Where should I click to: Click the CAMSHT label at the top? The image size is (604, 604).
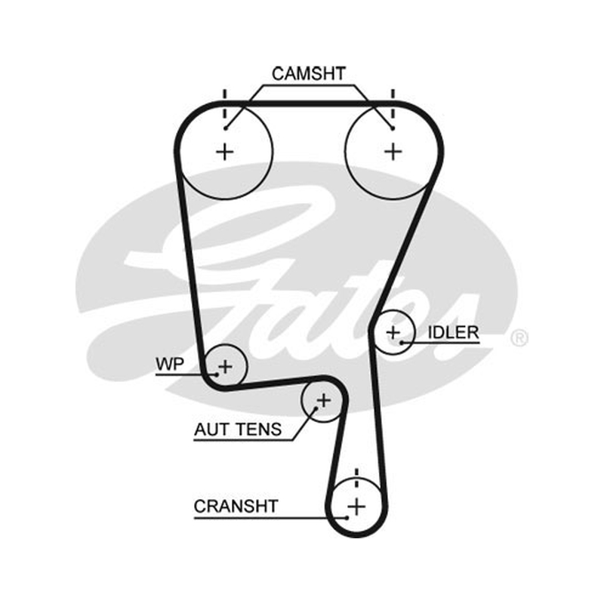click(309, 73)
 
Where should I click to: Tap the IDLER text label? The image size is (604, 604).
click(454, 332)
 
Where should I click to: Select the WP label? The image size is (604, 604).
click(170, 364)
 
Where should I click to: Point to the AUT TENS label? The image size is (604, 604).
click(238, 430)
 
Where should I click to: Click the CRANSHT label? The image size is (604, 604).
click(236, 506)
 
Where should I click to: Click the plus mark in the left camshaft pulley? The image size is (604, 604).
click(225, 152)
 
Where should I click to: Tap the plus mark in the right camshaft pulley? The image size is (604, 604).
click(393, 152)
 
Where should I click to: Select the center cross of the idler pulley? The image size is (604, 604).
click(393, 332)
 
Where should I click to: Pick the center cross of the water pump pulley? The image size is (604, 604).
click(225, 366)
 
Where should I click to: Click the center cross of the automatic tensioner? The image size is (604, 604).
click(324, 401)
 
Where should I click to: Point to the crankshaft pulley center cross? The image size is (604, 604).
click(356, 506)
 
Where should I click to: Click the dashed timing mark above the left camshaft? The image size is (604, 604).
click(225, 104)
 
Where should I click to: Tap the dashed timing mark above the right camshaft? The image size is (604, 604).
click(393, 104)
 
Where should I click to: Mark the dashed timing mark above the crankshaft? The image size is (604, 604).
click(356, 478)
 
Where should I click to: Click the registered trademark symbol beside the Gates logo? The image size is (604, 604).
click(519, 337)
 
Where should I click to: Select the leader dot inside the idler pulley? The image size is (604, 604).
click(402, 342)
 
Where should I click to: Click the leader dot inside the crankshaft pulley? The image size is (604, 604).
click(347, 518)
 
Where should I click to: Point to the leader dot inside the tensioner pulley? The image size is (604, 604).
click(316, 408)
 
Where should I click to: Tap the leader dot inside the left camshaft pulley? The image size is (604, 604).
click(226, 128)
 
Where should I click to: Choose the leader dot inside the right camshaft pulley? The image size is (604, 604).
click(392, 128)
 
